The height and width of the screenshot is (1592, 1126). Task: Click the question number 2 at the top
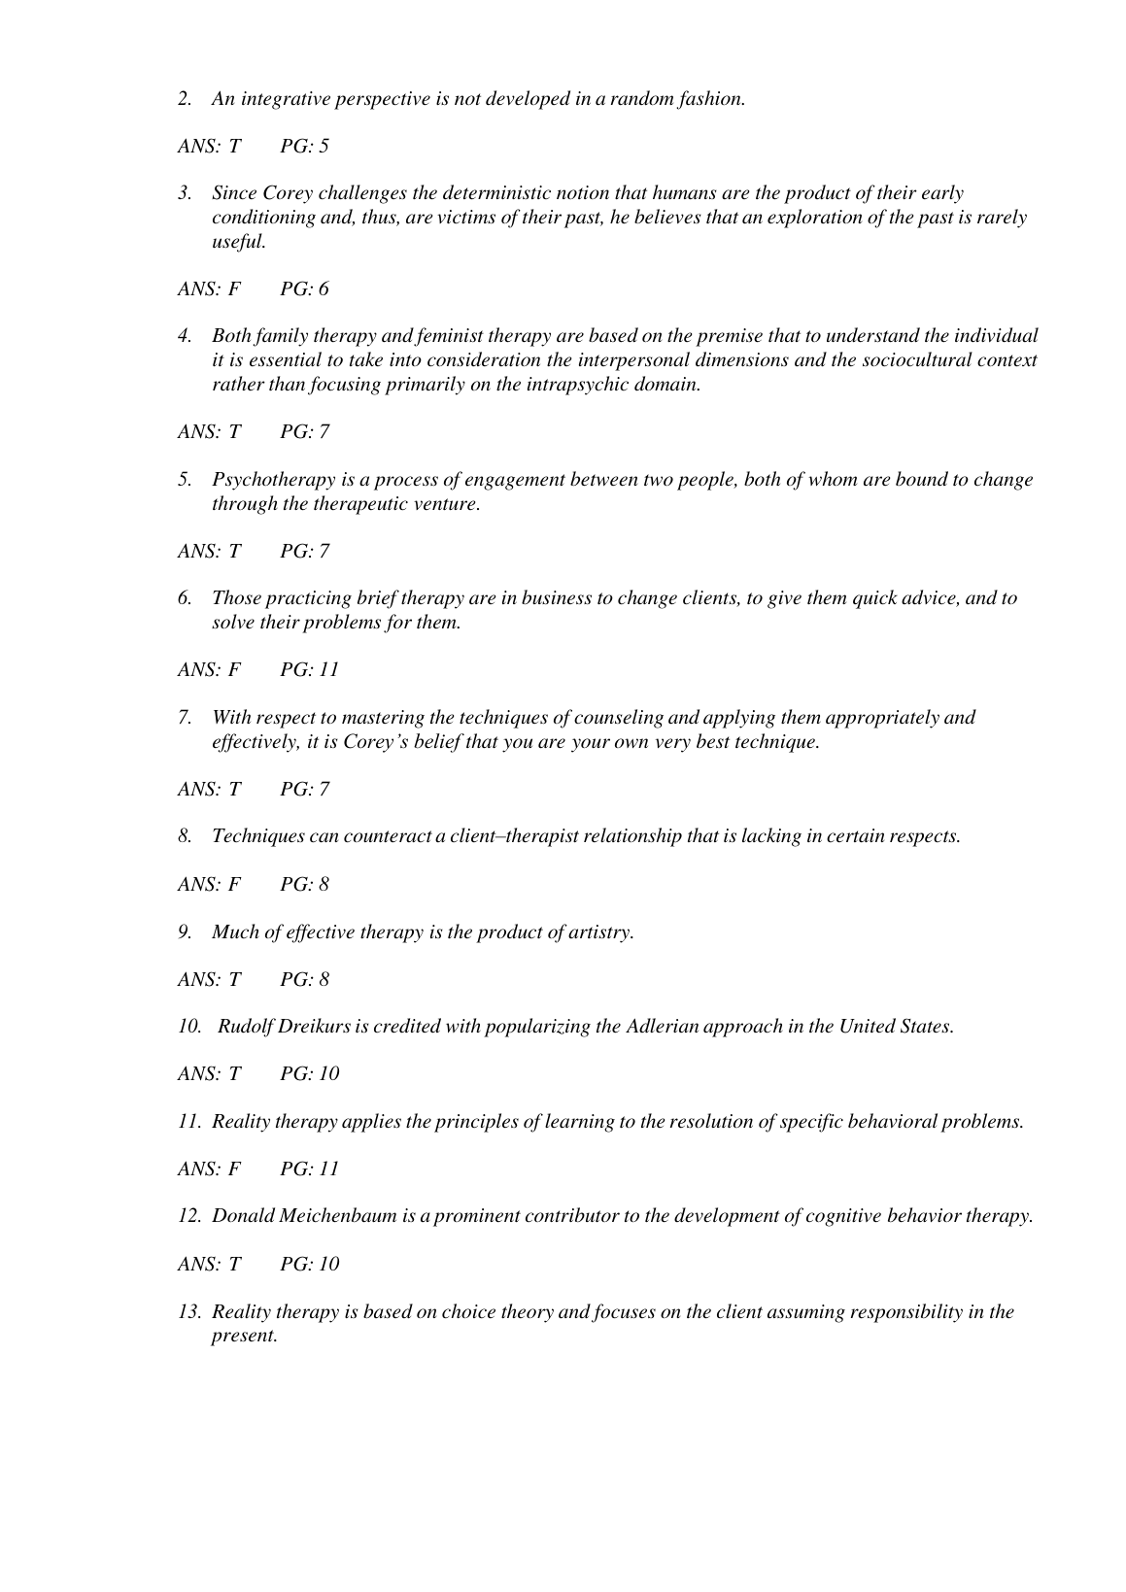coord(184,99)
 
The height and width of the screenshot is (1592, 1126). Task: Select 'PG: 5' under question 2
coord(304,147)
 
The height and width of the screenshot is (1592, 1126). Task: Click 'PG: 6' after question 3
coord(304,289)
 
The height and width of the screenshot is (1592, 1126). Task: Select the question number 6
coord(184,598)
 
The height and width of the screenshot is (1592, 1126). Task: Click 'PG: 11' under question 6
coord(309,670)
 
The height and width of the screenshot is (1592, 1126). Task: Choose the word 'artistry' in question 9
coord(599,932)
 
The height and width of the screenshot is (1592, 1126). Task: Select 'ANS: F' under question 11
coord(208,1169)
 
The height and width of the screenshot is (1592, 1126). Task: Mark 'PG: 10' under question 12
coord(309,1265)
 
